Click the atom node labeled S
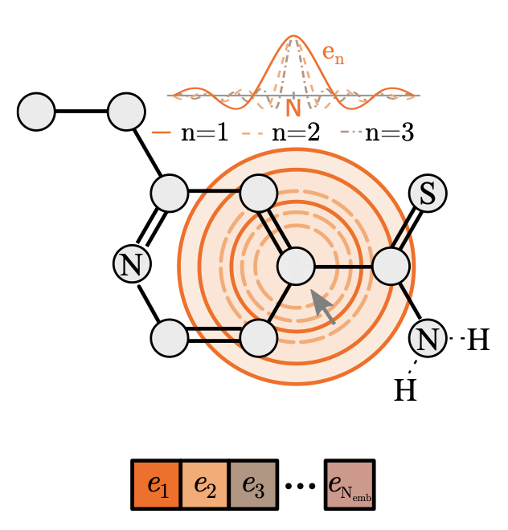pos(428,194)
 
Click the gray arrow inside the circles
pos(323,306)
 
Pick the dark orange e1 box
pos(157,484)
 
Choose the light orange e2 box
pos(205,484)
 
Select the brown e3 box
pos(253,484)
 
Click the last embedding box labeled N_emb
pos(350,484)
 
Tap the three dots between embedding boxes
pos(301,487)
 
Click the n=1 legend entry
pos(190,132)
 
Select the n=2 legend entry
pos(281,132)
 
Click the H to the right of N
pos(477,340)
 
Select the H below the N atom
pos(405,390)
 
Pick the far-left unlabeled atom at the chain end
pos(36,112)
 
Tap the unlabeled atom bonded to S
pos(391,266)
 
